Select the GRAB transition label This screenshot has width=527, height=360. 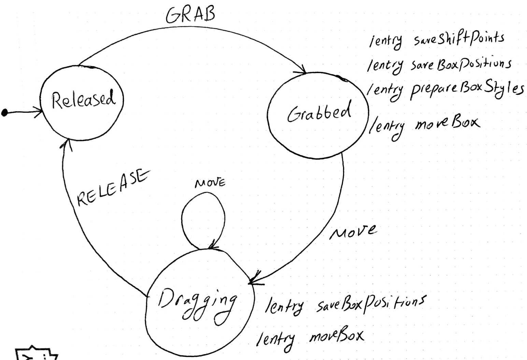point(190,14)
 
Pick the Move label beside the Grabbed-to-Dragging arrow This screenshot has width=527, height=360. point(353,232)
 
